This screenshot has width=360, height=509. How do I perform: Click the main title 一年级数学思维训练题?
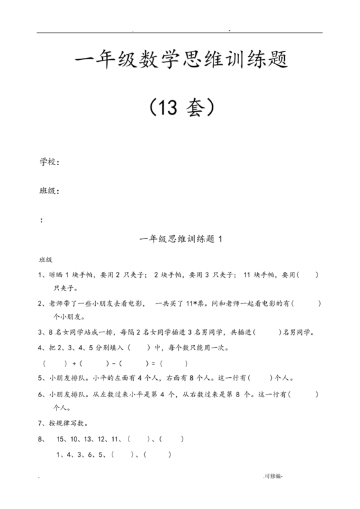[180, 62]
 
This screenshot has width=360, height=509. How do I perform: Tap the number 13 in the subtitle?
[168, 108]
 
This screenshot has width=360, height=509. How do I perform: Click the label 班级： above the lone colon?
[50, 191]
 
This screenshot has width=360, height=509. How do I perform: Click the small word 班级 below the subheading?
[46, 260]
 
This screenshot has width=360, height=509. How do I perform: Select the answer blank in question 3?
[267, 332]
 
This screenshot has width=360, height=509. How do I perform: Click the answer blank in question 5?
[260, 378]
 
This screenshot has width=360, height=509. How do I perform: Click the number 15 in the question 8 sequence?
[62, 439]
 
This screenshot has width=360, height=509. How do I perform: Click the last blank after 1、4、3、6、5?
[162, 454]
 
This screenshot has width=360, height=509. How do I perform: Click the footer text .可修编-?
[273, 476]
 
